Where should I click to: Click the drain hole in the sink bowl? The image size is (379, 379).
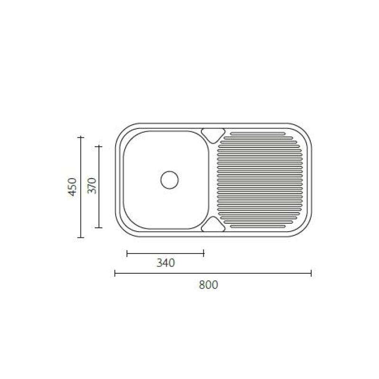point(169,180)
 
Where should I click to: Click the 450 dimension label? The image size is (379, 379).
point(72,187)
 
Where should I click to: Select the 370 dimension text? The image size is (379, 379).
point(92,186)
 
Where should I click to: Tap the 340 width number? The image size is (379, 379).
point(165,263)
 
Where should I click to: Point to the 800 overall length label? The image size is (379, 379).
point(208,285)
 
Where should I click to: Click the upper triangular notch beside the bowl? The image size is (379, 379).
point(213,134)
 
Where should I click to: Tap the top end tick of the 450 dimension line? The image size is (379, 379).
point(81,137)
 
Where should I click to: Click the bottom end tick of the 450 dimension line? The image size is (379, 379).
point(81,237)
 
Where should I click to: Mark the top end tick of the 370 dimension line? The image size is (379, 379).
point(99,146)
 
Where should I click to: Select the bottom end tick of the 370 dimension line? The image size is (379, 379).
point(99,227)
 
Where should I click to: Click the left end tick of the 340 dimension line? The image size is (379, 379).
point(127,253)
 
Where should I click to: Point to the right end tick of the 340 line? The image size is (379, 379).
point(203,253)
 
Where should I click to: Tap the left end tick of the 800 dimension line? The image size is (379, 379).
point(115,273)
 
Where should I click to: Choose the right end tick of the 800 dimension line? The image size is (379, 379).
point(311,273)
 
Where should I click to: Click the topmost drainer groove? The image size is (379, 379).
point(256,133)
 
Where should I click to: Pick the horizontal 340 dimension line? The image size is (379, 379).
point(165,253)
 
